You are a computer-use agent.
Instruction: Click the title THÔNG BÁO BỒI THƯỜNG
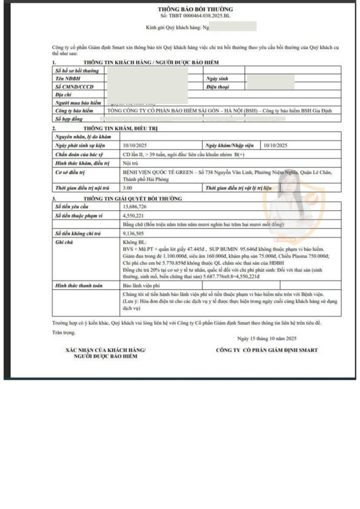pos(195,9)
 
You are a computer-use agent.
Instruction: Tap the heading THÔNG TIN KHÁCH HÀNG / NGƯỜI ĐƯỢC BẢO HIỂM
pos(151,62)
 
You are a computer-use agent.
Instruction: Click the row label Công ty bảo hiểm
pos(74,110)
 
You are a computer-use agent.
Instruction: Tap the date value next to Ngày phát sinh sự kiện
pos(135,145)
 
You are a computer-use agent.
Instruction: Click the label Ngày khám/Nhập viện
pos(229,145)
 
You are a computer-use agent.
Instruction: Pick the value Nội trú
pos(130,163)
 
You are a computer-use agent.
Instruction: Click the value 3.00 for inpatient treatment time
pos(127,188)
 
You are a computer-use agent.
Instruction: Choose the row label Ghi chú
pos(65,241)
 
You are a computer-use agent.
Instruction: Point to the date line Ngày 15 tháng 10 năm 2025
pos(267,338)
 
